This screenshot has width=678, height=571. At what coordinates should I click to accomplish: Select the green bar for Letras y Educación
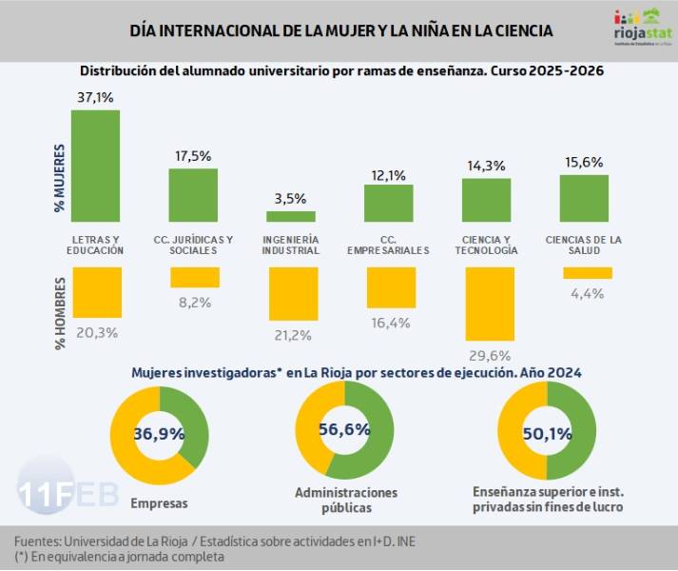[x=95, y=165]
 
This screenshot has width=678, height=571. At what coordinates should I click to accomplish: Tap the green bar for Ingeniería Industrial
[x=291, y=216]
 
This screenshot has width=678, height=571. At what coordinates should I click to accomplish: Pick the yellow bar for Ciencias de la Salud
[x=587, y=273]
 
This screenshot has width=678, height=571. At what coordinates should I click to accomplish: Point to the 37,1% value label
[x=95, y=97]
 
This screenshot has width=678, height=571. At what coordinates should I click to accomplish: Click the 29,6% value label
[x=489, y=355]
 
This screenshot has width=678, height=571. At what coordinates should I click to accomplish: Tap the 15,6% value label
[x=584, y=162]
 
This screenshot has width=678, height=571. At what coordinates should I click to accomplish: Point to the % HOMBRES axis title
[x=60, y=313]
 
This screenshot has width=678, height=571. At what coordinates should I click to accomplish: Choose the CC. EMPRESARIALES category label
[x=388, y=245]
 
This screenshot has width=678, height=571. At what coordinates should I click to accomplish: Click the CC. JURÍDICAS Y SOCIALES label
[x=193, y=245]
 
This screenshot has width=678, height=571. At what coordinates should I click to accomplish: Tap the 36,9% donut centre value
[x=159, y=432]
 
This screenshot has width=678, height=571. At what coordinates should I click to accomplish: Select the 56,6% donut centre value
[x=344, y=429]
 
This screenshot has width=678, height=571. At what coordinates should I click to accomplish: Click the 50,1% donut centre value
[x=548, y=433]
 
